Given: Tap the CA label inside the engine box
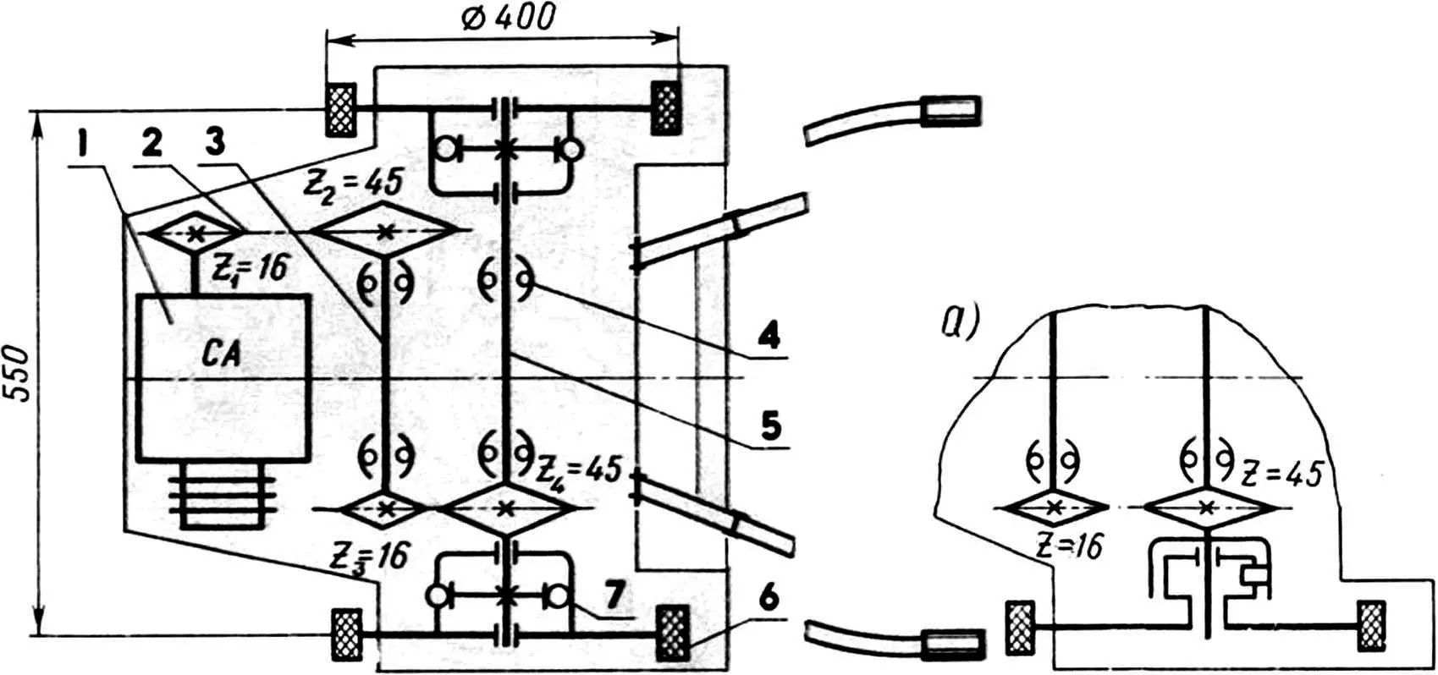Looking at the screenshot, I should [x=222, y=354].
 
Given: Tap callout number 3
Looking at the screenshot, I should [x=215, y=145].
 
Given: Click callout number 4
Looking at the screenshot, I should [x=769, y=337].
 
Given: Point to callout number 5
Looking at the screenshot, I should [x=769, y=425].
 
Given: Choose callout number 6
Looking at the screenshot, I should [x=768, y=598].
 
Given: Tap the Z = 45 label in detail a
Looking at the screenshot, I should [x=1281, y=474].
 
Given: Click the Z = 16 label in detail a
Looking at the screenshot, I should [x=1069, y=546].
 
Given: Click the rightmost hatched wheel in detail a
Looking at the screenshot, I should [x=1371, y=626].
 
